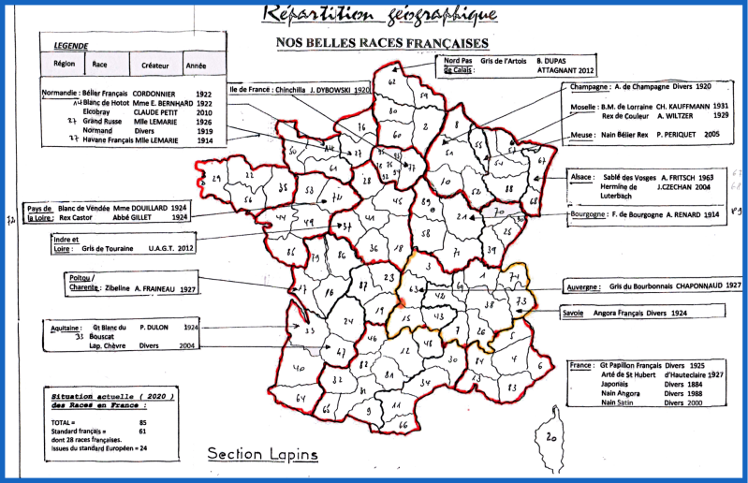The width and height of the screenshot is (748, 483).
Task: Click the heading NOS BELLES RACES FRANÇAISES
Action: coord(383,43)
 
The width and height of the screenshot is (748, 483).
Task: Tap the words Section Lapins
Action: coord(263,454)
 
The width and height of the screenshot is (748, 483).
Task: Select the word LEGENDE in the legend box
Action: coord(71,45)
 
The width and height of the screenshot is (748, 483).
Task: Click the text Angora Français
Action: coord(623,313)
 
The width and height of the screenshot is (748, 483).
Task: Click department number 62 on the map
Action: coord(391,82)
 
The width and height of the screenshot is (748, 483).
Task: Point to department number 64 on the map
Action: coord(301,400)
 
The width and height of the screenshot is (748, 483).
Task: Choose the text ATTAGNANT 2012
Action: coord(565,70)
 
